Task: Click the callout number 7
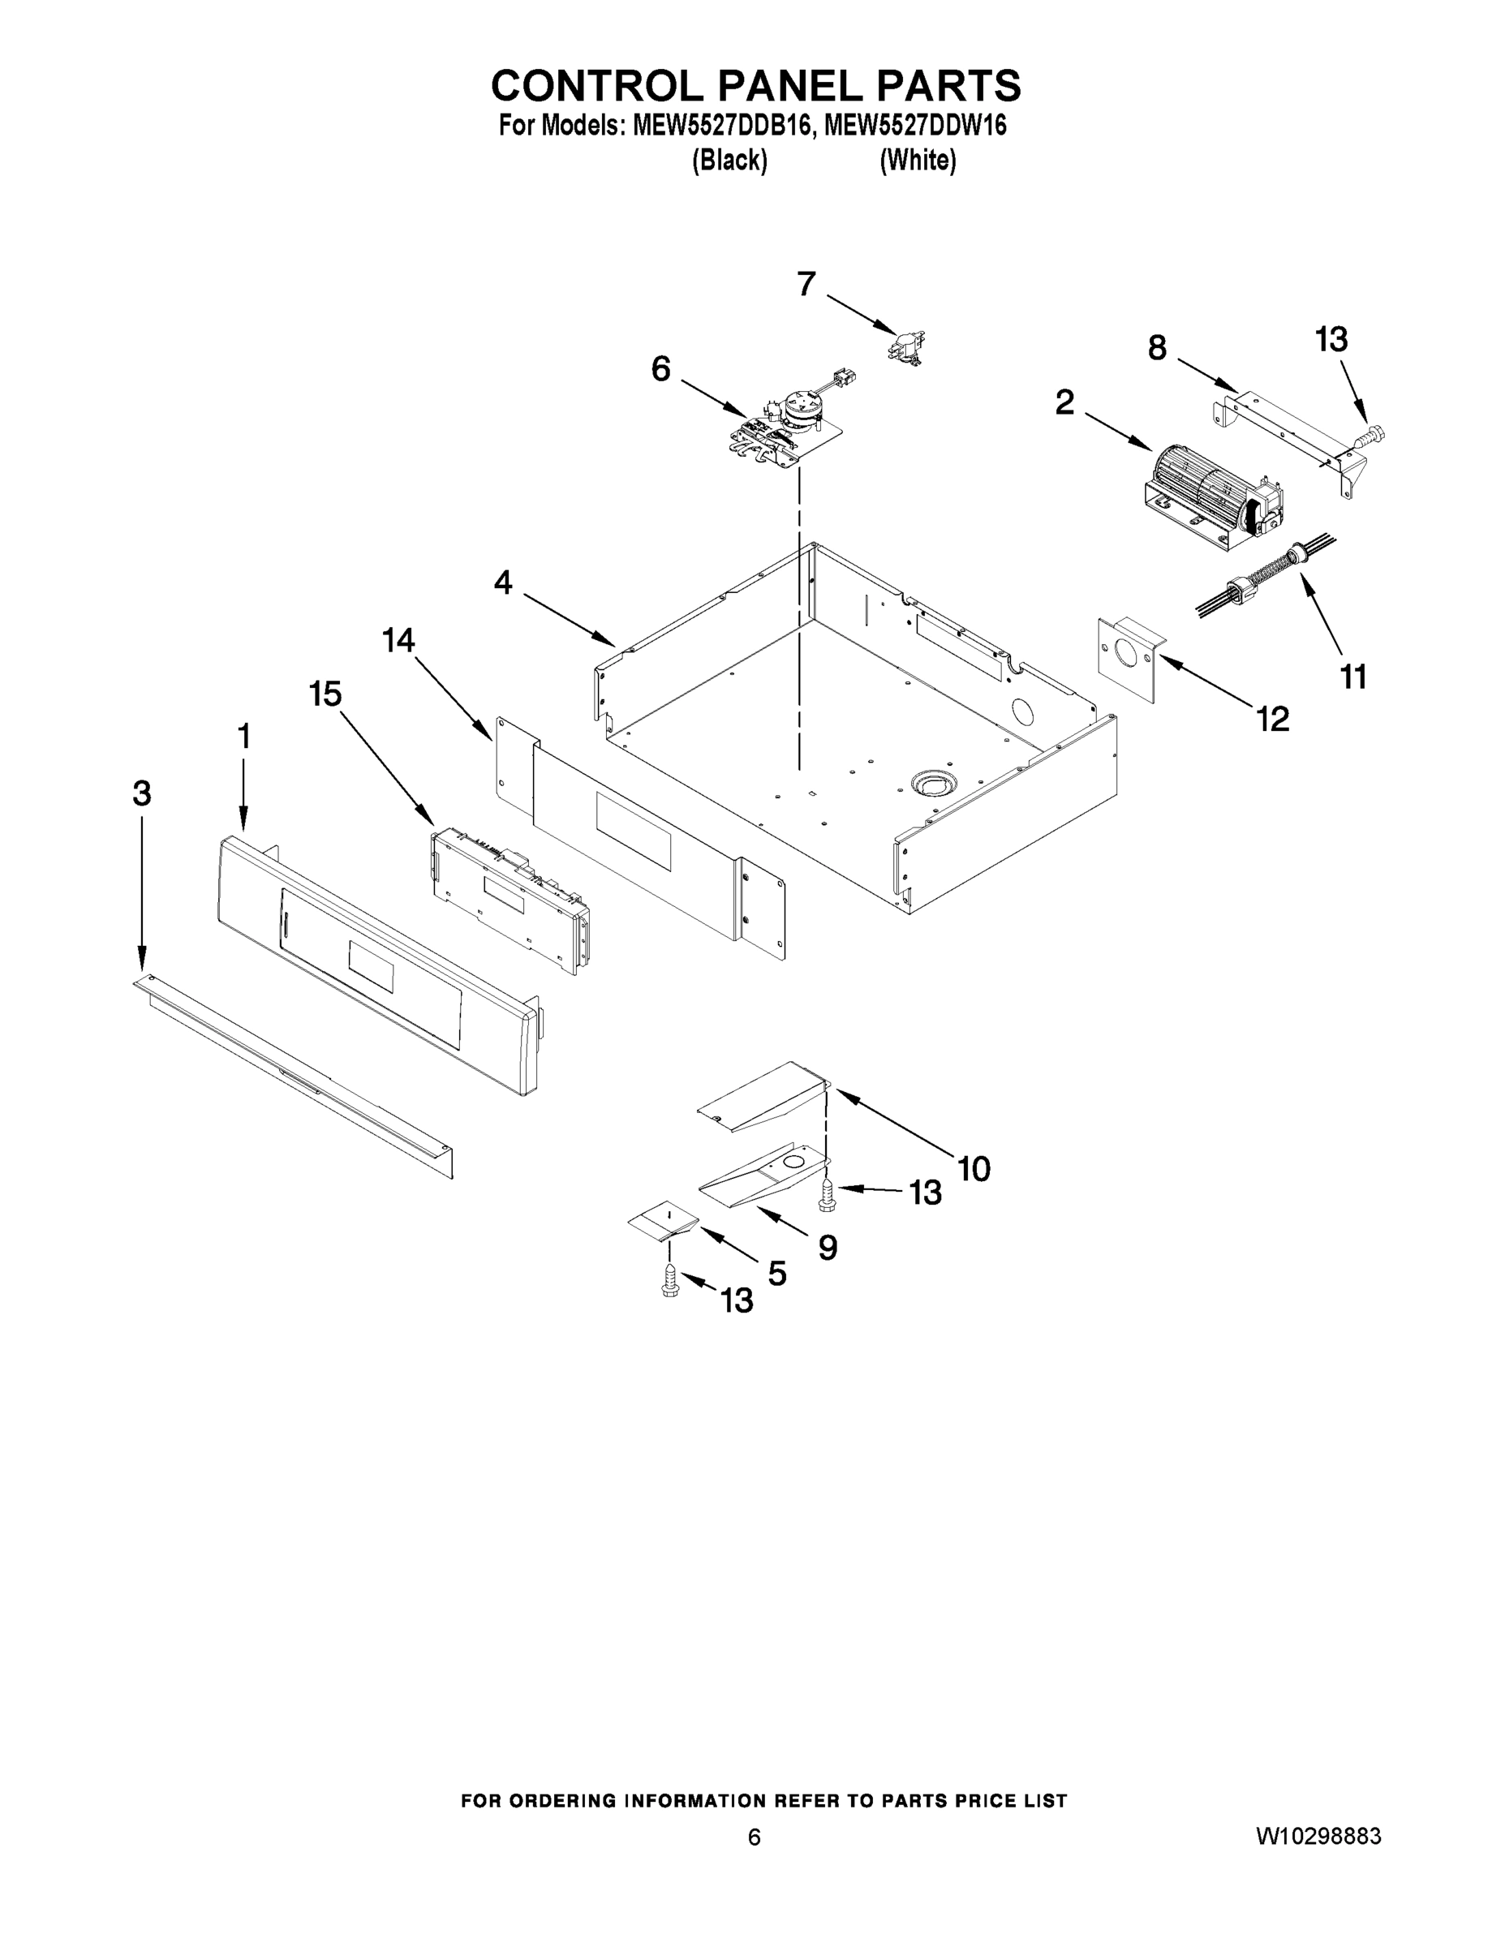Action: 806,285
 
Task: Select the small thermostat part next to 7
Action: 905,343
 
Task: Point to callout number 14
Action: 398,640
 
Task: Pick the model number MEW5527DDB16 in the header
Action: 722,126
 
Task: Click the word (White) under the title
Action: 918,161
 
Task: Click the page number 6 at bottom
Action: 755,1863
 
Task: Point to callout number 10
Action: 974,1168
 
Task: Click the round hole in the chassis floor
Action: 932,784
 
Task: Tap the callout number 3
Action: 142,793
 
